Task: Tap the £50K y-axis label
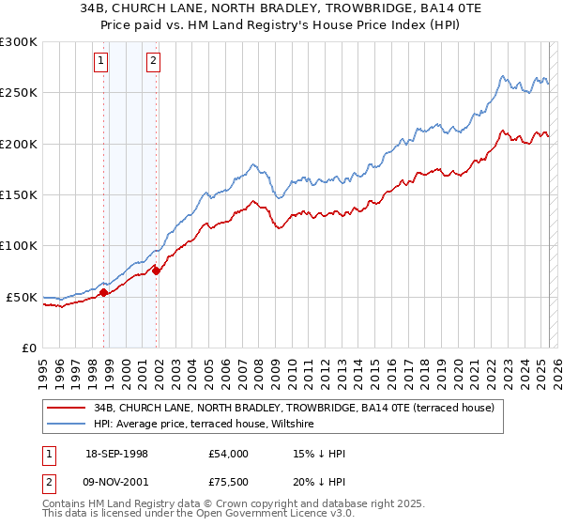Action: (x=21, y=297)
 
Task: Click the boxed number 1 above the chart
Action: (x=101, y=63)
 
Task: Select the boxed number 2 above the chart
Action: (x=153, y=63)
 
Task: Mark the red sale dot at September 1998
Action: (x=103, y=292)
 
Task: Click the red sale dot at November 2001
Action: (x=156, y=271)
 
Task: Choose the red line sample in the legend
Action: (x=67, y=408)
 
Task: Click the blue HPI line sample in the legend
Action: (x=67, y=425)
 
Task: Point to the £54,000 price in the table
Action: (x=229, y=454)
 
